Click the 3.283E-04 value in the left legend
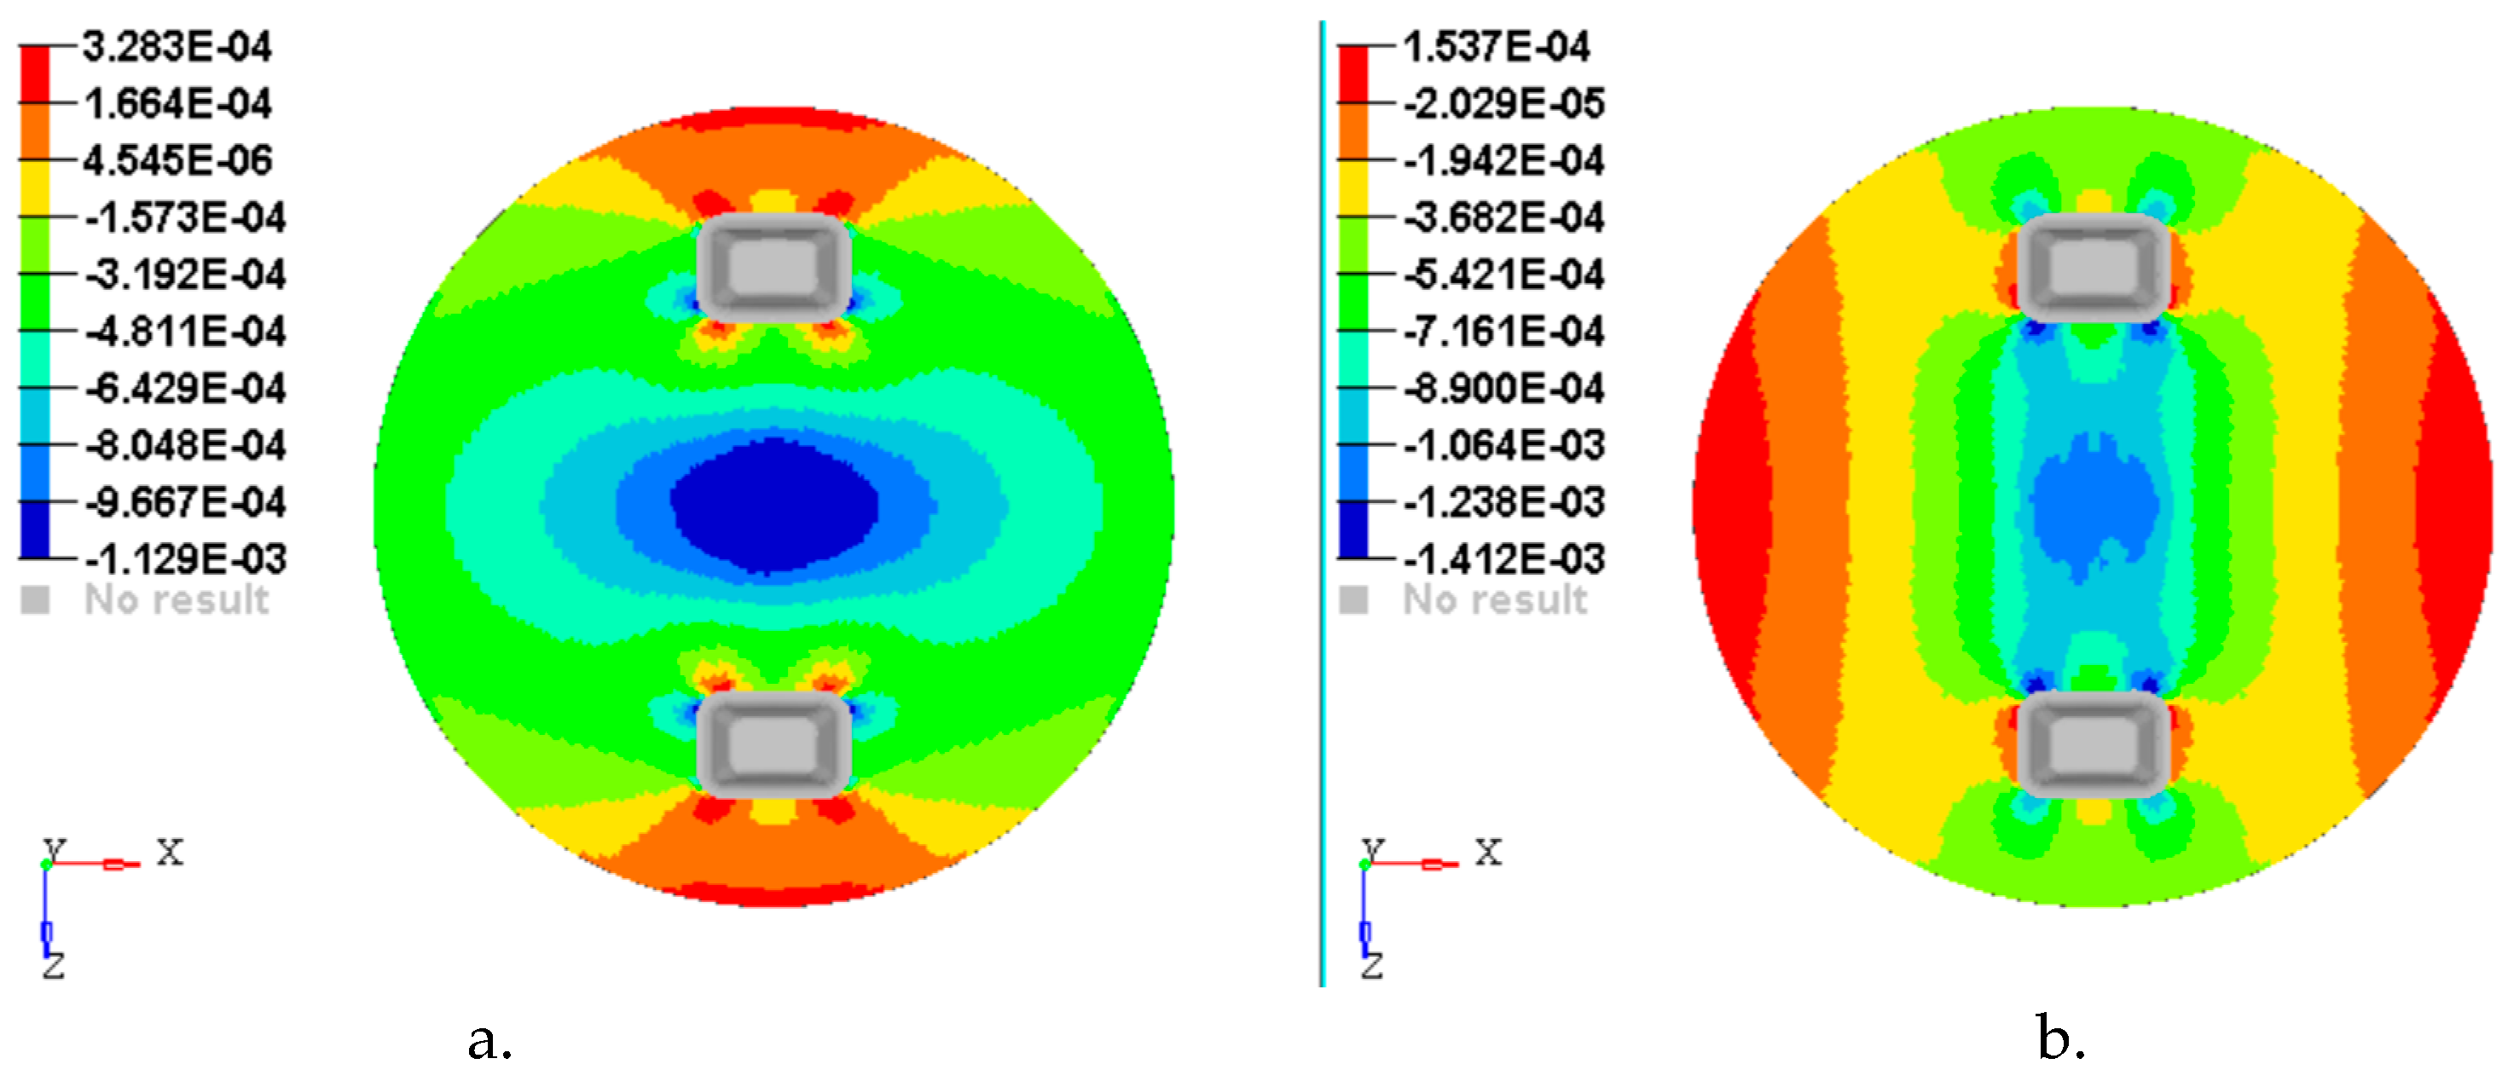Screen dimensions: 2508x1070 click(x=177, y=47)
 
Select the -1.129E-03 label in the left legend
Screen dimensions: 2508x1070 click(x=185, y=558)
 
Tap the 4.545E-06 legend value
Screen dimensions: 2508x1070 click(x=177, y=160)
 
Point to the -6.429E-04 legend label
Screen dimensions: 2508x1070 click(x=185, y=389)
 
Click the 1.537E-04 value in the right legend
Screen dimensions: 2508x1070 click(x=1496, y=47)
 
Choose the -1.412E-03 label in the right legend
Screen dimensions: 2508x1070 click(x=1503, y=558)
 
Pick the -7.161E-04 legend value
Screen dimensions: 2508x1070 click(x=1503, y=331)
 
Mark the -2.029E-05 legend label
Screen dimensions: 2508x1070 click(x=1503, y=103)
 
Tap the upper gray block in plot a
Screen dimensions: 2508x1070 click(x=774, y=267)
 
